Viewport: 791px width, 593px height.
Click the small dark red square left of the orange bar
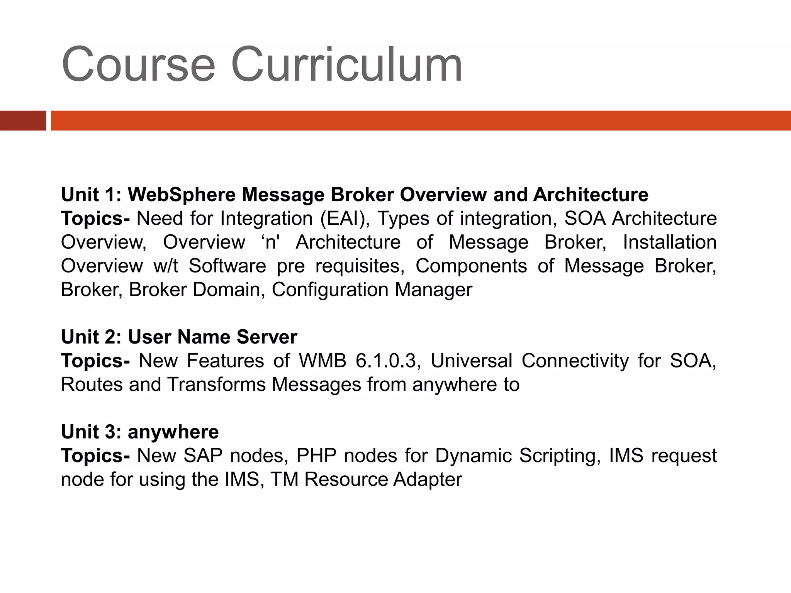click(x=23, y=120)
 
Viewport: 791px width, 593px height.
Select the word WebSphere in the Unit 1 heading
click(x=182, y=195)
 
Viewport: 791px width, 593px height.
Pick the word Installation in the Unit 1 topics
click(x=670, y=242)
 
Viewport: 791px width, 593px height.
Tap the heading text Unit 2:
click(x=92, y=337)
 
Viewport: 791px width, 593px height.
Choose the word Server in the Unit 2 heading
click(x=266, y=337)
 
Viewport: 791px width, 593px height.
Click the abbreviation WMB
click(x=323, y=361)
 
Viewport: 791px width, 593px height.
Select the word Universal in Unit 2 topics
click(x=471, y=361)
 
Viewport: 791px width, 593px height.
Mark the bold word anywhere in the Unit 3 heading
click(x=173, y=432)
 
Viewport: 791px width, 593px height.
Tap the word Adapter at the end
click(x=428, y=480)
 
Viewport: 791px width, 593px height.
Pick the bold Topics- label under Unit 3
click(x=95, y=456)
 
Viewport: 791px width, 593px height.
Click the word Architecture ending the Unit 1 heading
click(x=591, y=195)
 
